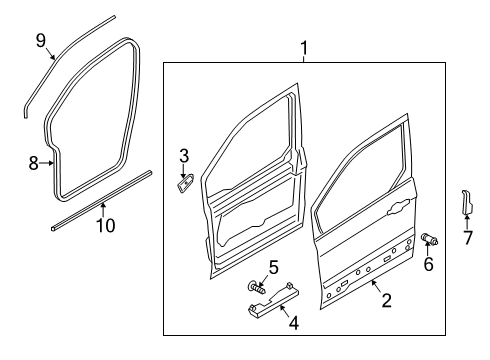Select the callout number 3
[x=184, y=155]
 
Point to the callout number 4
[x=293, y=323]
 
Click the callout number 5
[x=272, y=267]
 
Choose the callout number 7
[x=467, y=237]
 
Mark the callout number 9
[x=41, y=40]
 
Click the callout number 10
[x=104, y=226]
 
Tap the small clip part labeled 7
[x=466, y=204]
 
